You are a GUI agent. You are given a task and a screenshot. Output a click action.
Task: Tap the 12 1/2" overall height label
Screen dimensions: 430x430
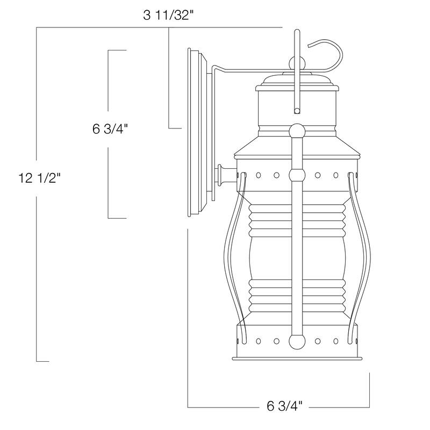[39, 178]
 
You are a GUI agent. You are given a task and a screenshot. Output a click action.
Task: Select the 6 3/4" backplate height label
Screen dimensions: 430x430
[110, 129]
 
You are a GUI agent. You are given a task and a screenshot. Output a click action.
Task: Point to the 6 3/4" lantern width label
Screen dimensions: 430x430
[284, 406]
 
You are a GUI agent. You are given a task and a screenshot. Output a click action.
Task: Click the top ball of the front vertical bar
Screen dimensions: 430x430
[297, 131]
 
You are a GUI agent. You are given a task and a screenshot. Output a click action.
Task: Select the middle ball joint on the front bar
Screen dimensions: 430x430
[297, 174]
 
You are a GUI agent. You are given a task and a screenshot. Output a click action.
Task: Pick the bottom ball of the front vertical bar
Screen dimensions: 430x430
[297, 341]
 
